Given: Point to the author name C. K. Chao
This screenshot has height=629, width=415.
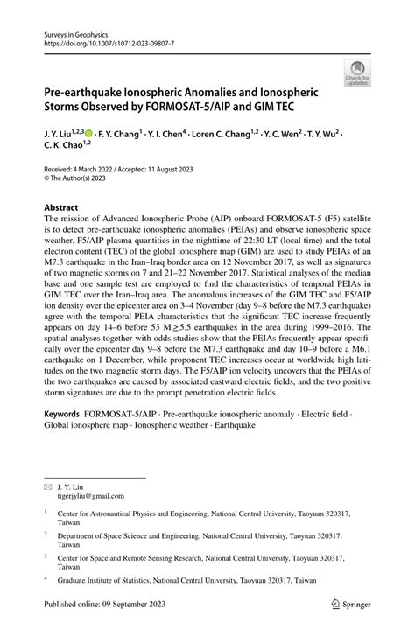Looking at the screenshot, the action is pos(63,150).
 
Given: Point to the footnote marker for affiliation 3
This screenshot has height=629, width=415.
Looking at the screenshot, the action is pos(45,554).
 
